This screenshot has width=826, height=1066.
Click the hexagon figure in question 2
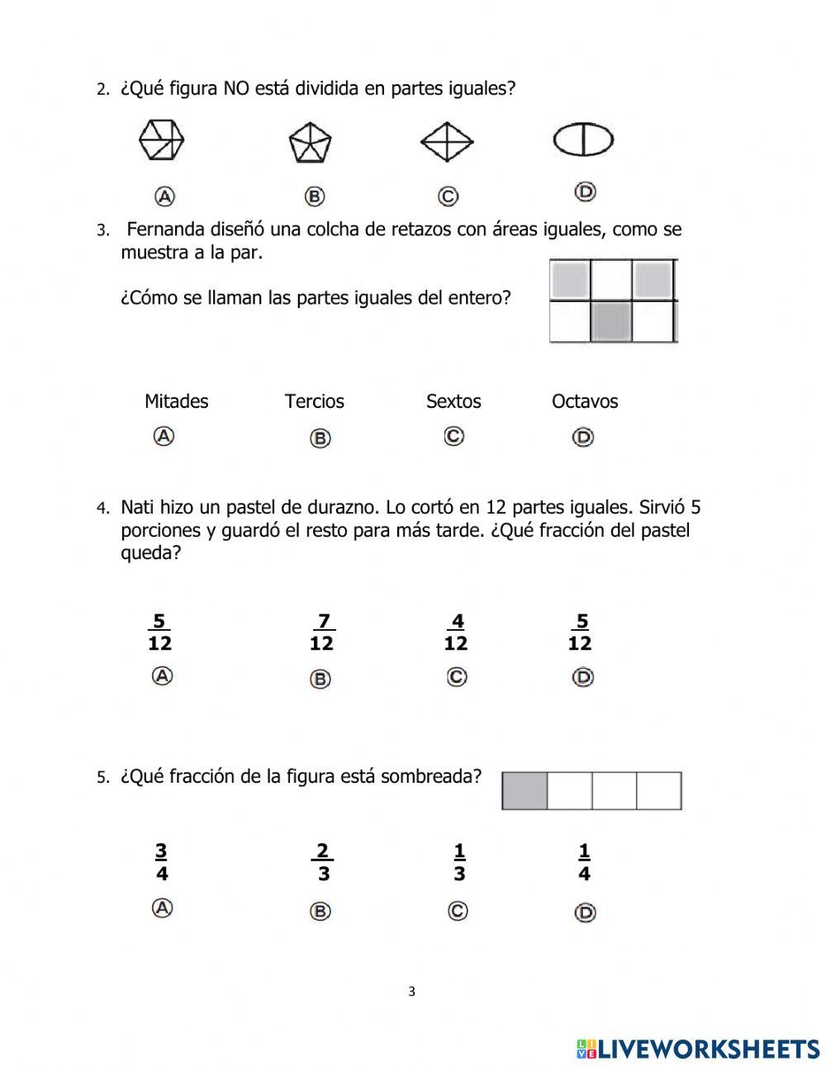coord(161,140)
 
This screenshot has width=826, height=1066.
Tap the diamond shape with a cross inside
coord(447,142)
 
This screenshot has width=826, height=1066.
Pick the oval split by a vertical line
coord(583,140)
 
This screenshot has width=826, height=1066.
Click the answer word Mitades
coord(176,401)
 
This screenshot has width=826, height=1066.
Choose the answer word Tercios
coord(315,401)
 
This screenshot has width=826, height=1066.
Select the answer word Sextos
coord(453,401)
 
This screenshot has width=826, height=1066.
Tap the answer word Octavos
coord(585,401)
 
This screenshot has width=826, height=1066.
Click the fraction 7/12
coord(321,632)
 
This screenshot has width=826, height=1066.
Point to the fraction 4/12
coord(456,632)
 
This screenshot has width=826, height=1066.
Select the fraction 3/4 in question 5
coord(161,862)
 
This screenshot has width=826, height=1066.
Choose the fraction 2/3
coord(322,862)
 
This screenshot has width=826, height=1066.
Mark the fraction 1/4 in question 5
coord(584,862)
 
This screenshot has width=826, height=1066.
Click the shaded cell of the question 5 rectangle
coord(525,791)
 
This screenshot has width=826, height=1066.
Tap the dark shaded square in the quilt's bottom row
coord(611,321)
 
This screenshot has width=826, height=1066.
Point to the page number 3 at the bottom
coord(412,992)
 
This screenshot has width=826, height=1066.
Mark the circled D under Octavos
coord(583,437)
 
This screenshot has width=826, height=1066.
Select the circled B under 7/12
coord(320,679)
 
